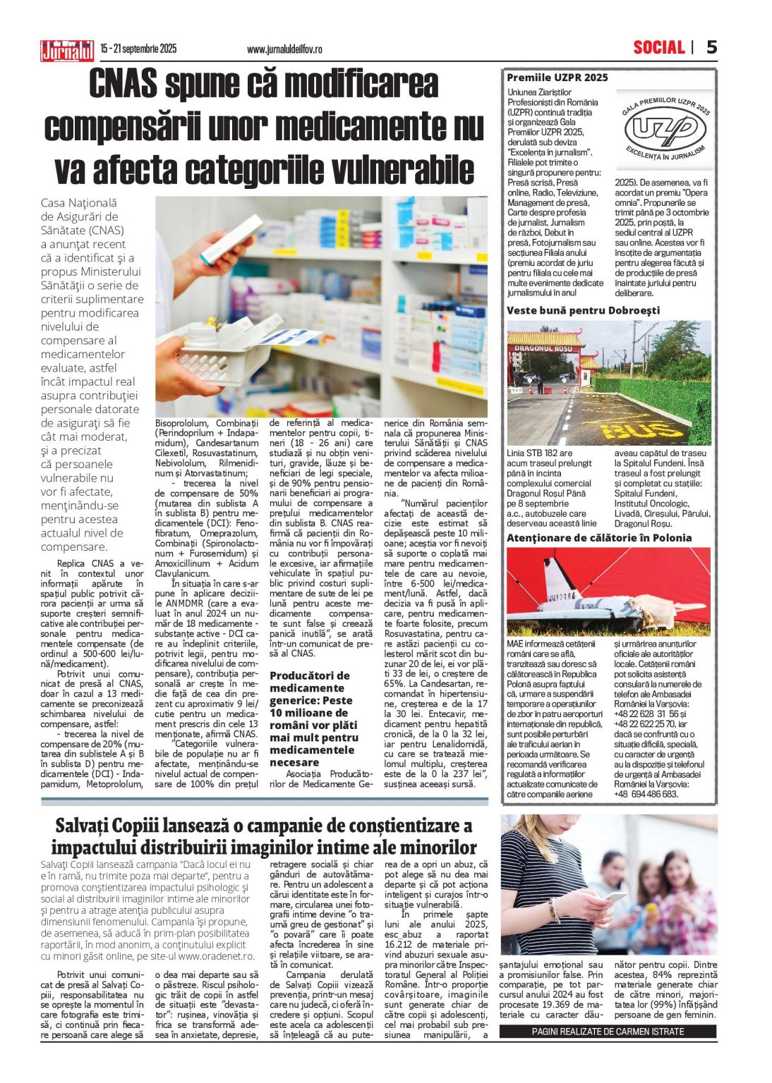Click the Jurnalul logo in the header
(67, 50)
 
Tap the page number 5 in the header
(711, 47)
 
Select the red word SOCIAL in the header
(658, 47)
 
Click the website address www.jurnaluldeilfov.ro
(284, 49)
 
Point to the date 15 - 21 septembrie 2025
(138, 49)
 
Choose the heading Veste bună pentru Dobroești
(583, 310)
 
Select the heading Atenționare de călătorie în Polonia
(598, 538)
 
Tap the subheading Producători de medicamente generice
(310, 718)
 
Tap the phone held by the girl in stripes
(615, 897)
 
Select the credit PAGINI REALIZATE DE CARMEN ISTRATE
(608, 1032)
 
